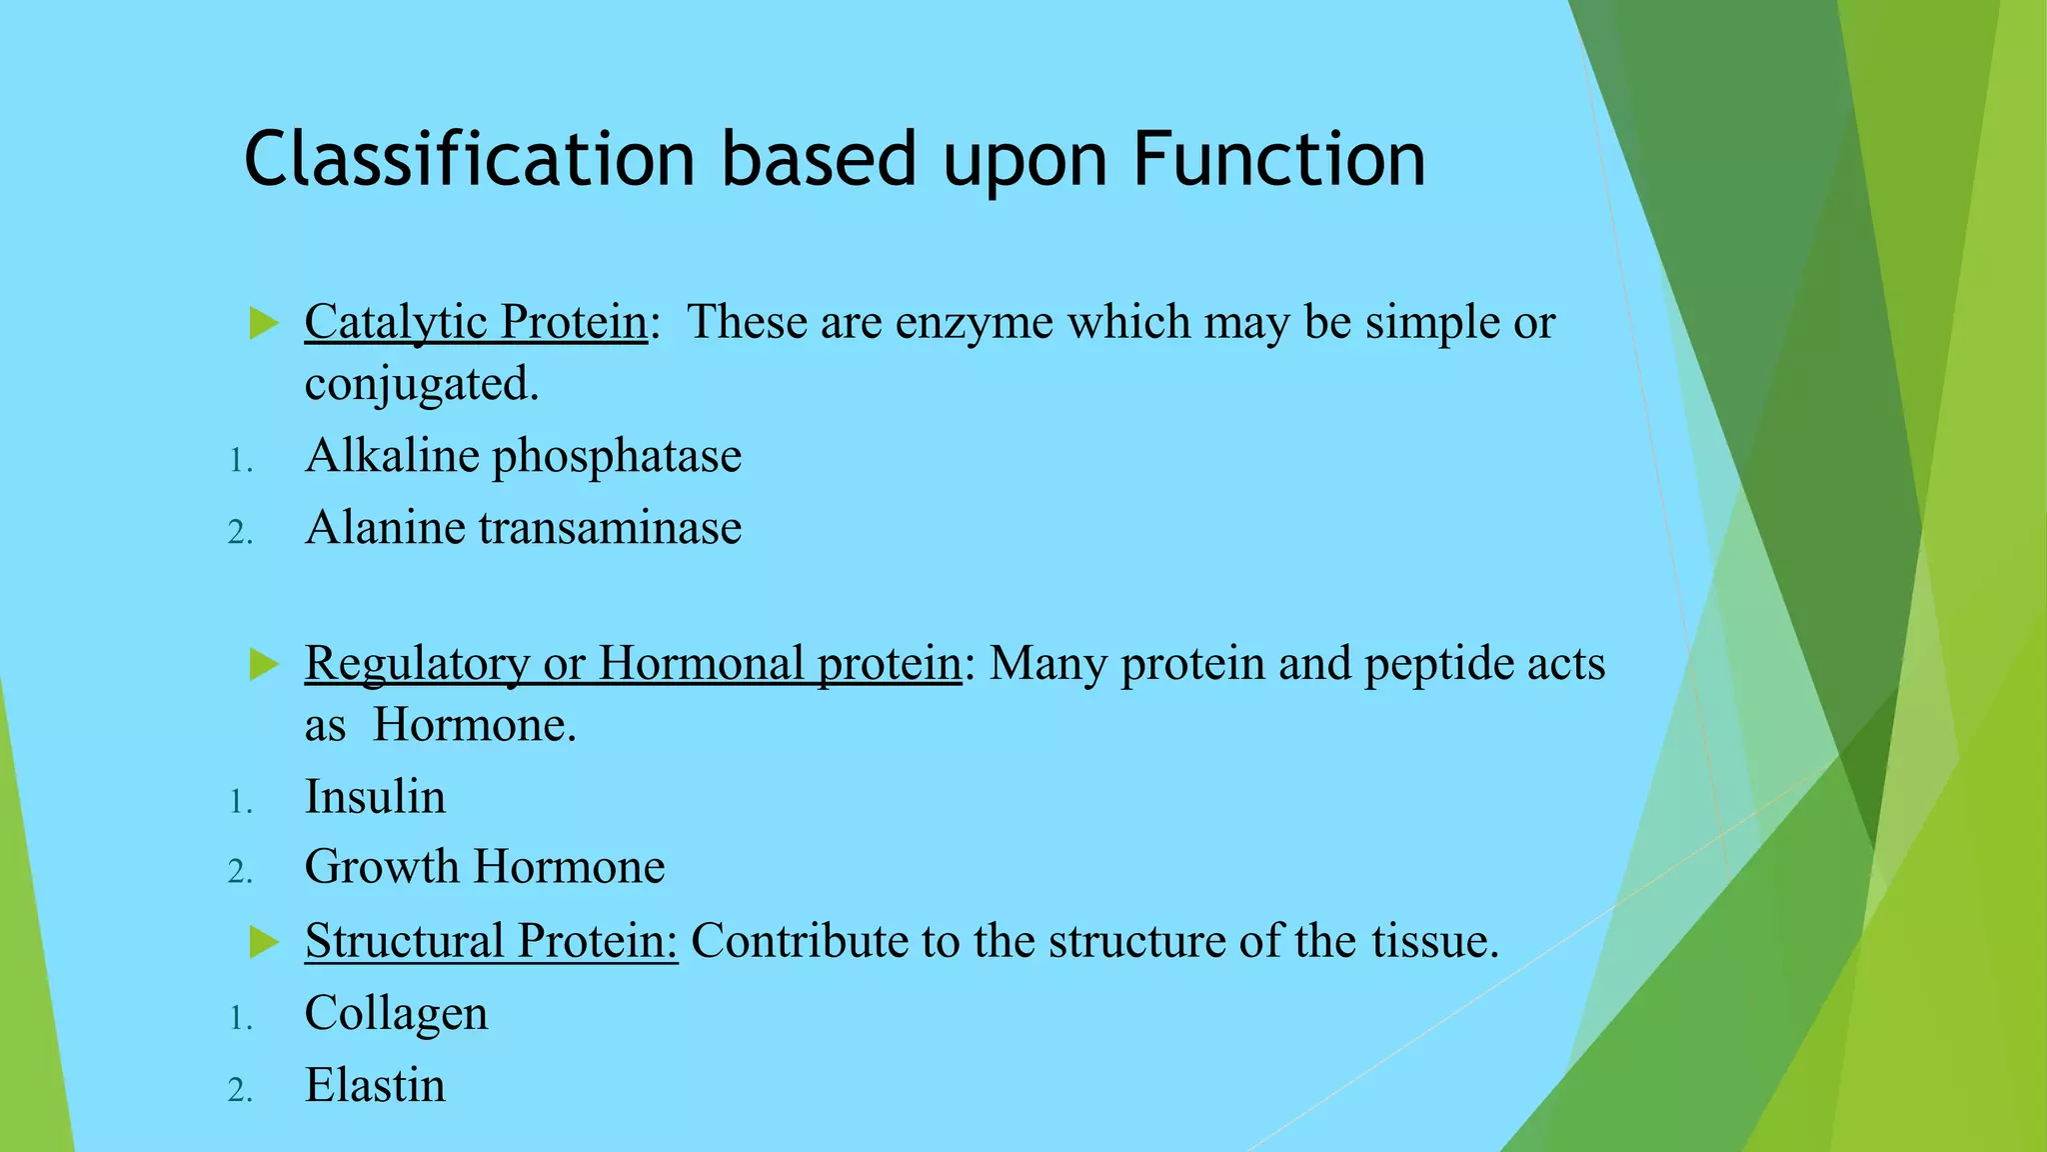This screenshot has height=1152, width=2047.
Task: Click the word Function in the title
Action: tap(1279, 160)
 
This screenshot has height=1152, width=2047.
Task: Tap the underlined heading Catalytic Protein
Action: tap(476, 322)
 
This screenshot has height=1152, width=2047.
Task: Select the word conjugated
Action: tap(421, 385)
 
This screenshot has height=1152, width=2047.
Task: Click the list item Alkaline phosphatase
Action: tap(523, 456)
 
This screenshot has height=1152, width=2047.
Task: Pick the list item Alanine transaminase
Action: tap(523, 527)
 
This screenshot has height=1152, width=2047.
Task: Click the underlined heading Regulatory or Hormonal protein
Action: tap(633, 663)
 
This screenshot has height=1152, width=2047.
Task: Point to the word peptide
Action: tap(1424, 664)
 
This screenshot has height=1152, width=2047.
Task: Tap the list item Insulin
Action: tap(375, 797)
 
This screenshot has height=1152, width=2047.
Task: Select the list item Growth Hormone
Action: tap(485, 866)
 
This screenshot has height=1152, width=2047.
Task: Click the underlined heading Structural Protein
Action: tap(491, 940)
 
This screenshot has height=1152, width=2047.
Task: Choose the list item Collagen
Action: tap(396, 1013)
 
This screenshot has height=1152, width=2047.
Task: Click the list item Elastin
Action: tap(375, 1085)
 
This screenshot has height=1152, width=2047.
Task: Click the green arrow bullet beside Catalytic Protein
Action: tap(263, 323)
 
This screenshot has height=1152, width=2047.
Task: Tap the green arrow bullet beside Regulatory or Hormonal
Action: tap(263, 664)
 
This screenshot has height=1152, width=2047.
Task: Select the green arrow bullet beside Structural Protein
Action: tap(263, 941)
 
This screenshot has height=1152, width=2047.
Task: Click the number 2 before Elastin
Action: tap(239, 1090)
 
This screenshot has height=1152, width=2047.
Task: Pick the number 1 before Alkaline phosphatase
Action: tap(239, 461)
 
